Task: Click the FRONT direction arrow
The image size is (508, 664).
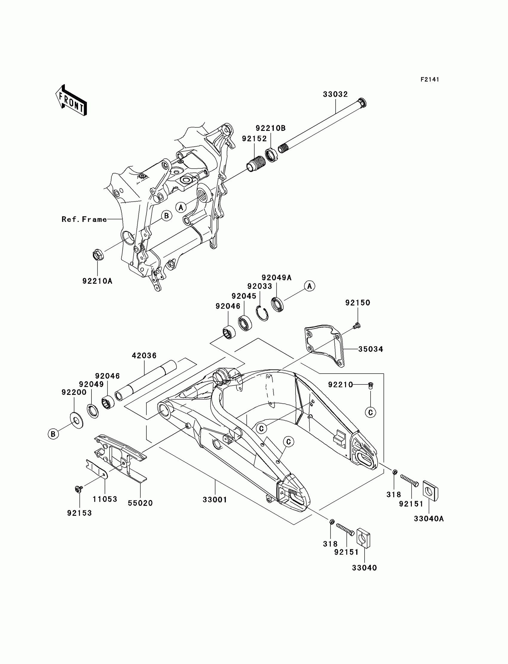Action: (x=71, y=100)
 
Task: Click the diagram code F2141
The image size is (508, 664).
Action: (x=429, y=79)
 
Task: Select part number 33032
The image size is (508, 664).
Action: (x=335, y=94)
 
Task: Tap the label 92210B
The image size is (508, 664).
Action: (x=271, y=128)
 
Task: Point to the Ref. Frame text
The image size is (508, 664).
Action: (x=84, y=220)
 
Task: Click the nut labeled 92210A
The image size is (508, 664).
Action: (x=97, y=255)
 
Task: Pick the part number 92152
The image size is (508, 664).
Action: (x=254, y=139)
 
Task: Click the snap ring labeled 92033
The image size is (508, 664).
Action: (x=262, y=313)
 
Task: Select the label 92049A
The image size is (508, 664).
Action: (x=276, y=278)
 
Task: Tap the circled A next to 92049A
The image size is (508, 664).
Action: (x=309, y=286)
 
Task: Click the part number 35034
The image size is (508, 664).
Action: (x=371, y=349)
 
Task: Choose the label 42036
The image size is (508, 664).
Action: (x=144, y=356)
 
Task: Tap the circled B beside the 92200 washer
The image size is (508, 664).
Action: (x=53, y=434)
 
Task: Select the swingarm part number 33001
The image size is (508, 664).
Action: (x=215, y=500)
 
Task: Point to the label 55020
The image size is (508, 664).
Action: (x=140, y=503)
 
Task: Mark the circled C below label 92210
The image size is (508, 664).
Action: (x=371, y=412)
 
